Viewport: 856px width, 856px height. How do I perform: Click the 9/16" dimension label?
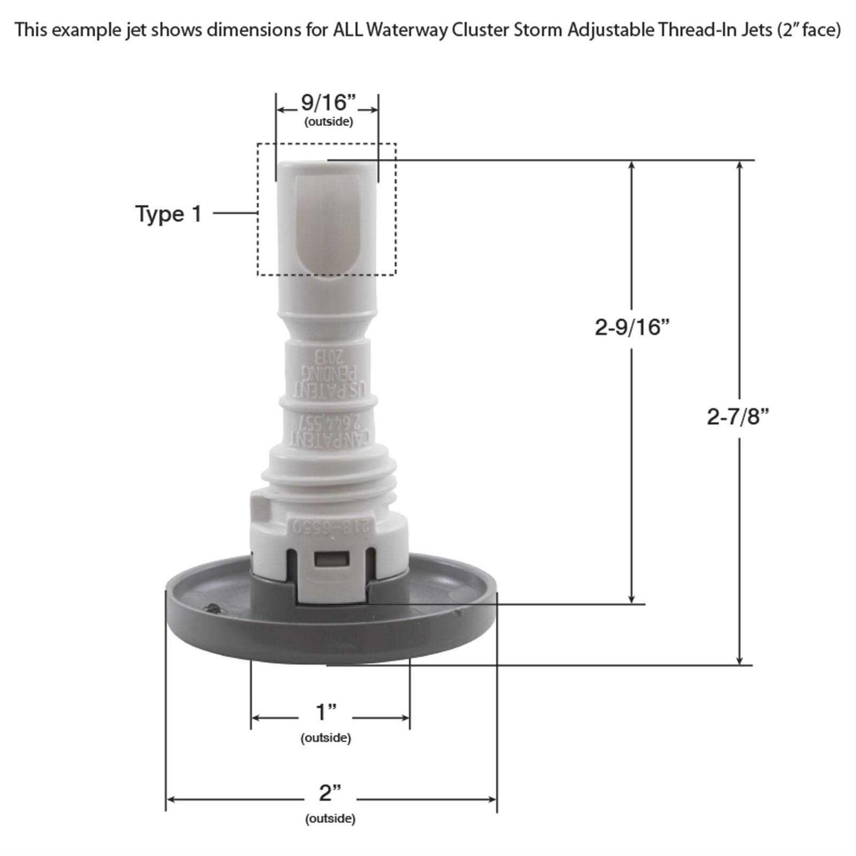tap(328, 103)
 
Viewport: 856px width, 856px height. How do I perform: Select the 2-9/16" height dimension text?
tap(632, 328)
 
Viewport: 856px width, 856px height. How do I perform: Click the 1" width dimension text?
tap(326, 713)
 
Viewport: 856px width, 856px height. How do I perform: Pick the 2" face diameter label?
tap(330, 793)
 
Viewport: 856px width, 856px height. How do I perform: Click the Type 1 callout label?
tap(168, 214)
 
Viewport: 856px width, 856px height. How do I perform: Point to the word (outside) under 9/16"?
tap(328, 122)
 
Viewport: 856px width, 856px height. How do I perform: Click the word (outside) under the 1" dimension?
tap(326, 738)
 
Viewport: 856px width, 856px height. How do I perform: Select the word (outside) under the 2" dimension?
tap(330, 819)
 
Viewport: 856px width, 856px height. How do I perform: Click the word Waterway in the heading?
tap(406, 30)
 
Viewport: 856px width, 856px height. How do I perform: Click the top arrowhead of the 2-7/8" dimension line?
tap(740, 165)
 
